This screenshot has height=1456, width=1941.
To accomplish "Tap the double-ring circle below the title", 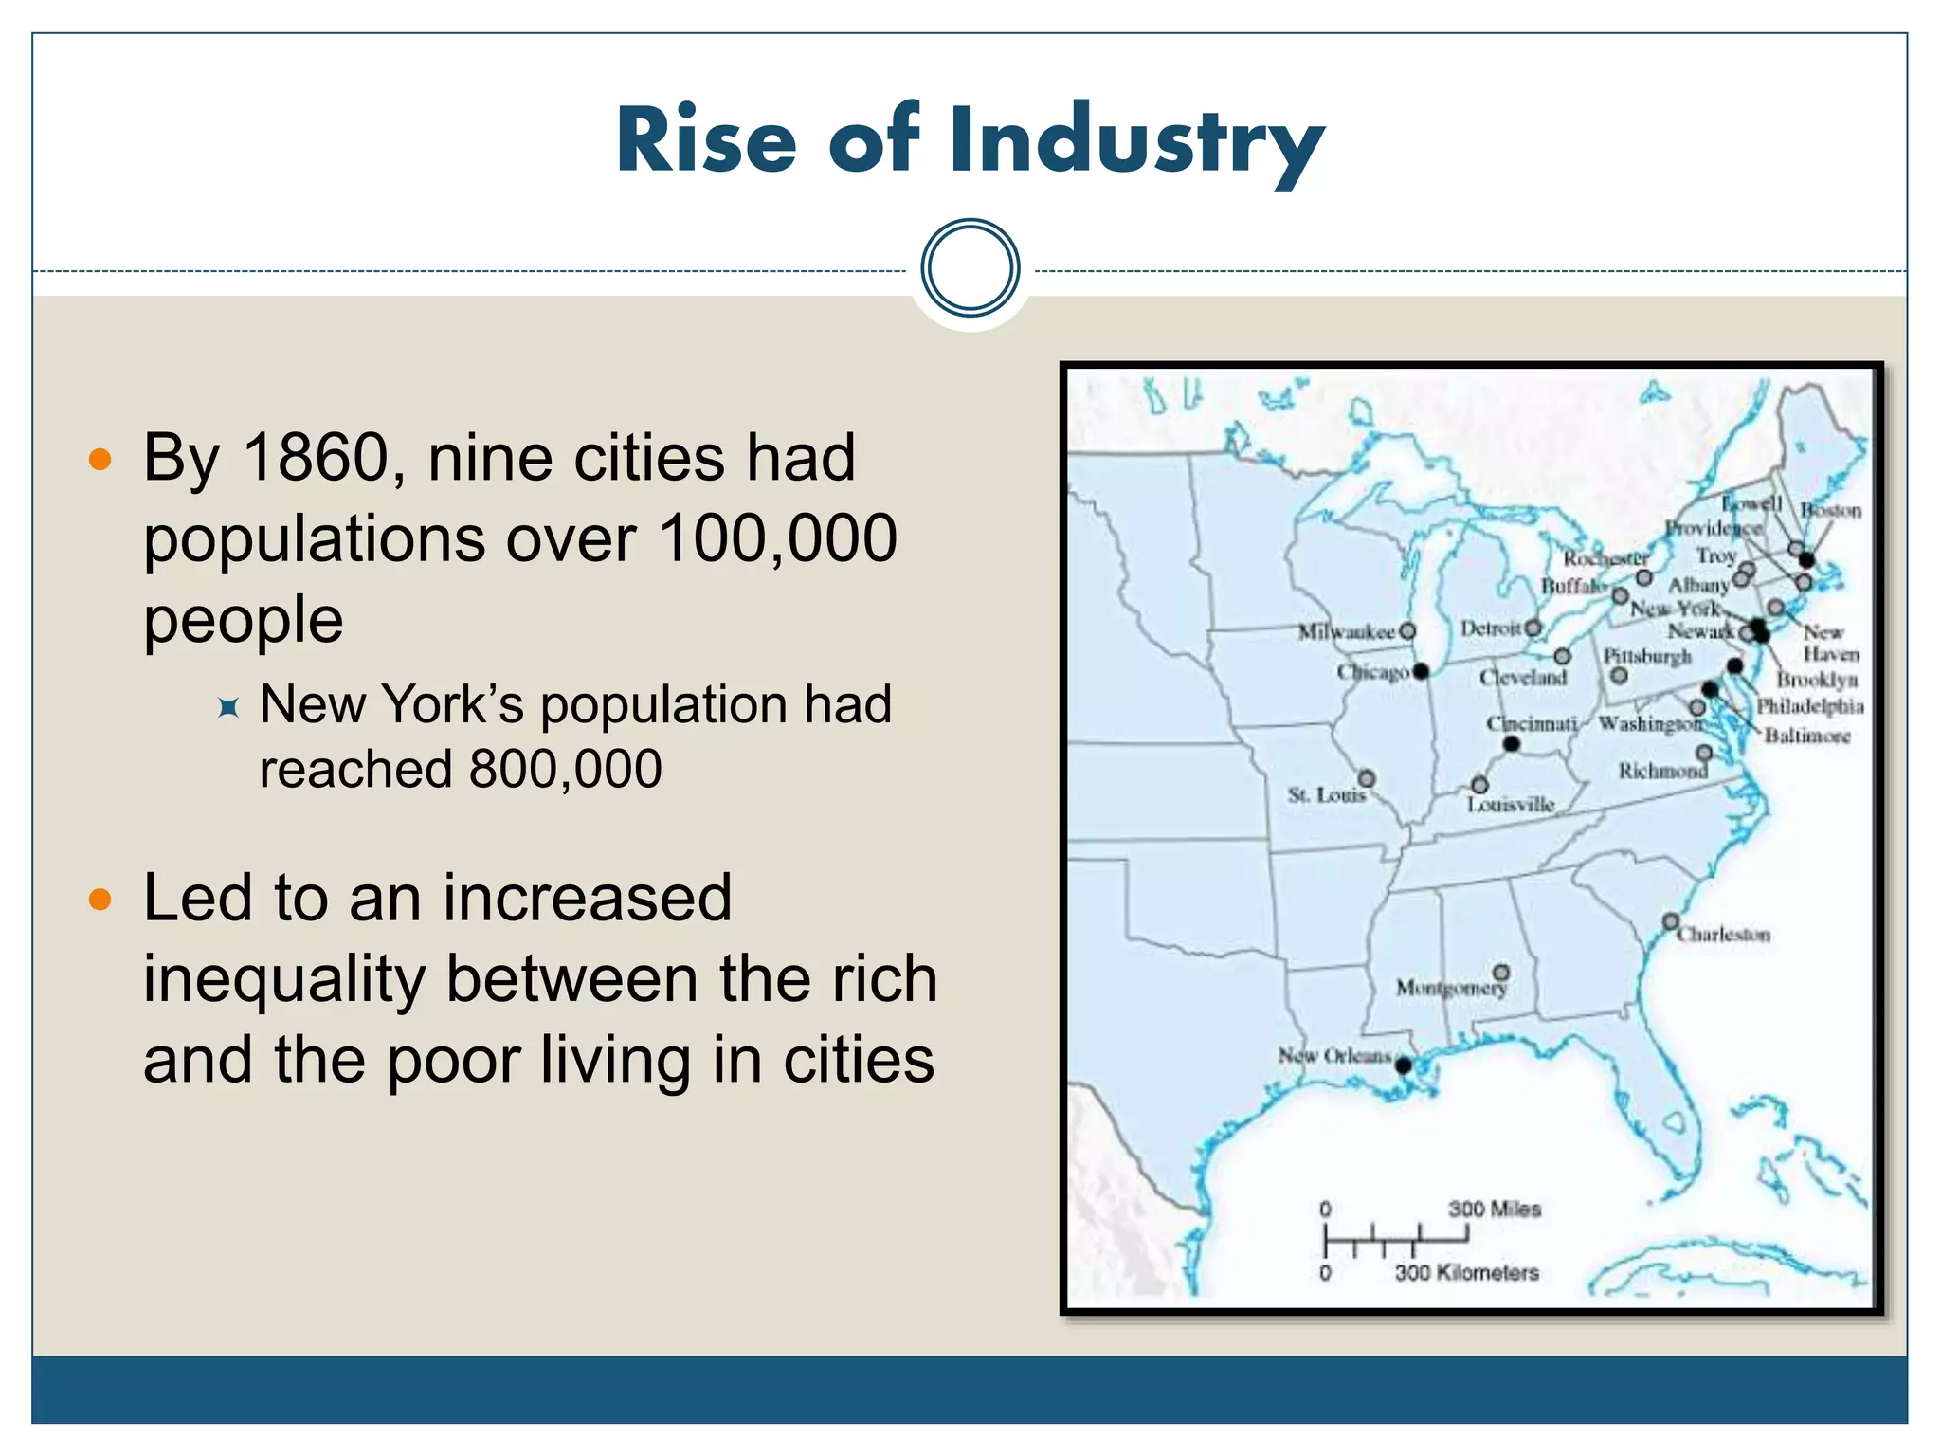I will click(970, 267).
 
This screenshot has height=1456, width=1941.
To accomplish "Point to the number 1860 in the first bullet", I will click(316, 458).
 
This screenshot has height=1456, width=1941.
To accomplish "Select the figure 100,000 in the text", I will click(777, 538).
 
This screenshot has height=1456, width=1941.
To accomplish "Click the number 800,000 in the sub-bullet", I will click(565, 768).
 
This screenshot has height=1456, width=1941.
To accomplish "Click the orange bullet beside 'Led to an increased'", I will click(100, 899).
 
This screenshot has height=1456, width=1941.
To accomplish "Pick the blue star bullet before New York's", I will click(228, 707).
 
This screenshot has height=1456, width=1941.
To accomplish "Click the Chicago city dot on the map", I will click(1421, 671).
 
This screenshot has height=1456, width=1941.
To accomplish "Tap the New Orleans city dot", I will click(1404, 1065).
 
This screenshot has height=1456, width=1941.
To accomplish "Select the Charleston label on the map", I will click(1723, 935).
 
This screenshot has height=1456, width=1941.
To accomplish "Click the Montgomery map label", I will click(1450, 988).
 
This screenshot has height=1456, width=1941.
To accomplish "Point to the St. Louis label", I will click(1326, 794).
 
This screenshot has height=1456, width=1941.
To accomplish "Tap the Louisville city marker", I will click(1479, 785).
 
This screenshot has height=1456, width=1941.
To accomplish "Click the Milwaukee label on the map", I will click(1346, 631).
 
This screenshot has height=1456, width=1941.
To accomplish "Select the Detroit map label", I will click(1490, 628).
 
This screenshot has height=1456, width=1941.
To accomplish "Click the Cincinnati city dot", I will click(1512, 744).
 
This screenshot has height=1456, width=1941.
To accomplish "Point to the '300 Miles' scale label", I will click(1494, 1209).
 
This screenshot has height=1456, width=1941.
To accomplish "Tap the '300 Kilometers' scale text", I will click(1466, 1272).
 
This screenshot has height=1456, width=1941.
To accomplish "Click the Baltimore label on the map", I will click(1806, 736).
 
